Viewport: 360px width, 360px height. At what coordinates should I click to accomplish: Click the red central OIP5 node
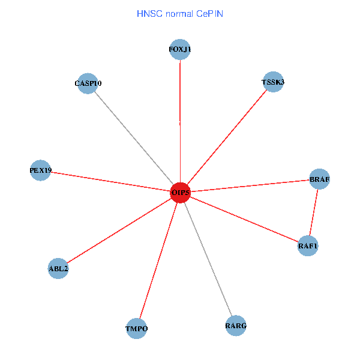pyautogui.click(x=180, y=193)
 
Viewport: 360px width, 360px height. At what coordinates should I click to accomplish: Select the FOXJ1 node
pyautogui.click(x=180, y=50)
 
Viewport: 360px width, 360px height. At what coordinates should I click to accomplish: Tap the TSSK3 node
pyautogui.click(x=273, y=82)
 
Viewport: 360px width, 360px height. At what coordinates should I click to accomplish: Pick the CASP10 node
pyautogui.click(x=88, y=84)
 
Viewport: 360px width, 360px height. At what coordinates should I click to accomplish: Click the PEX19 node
pyautogui.click(x=40, y=170)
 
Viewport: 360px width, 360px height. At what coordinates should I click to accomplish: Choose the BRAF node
pyautogui.click(x=319, y=179)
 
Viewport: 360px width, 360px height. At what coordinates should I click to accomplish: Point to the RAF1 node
pyautogui.click(x=308, y=246)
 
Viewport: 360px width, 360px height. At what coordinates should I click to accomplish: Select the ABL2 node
pyautogui.click(x=58, y=269)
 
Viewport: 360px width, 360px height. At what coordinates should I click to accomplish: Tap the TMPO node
pyautogui.click(x=137, y=328)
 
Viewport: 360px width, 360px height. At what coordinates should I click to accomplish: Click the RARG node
pyautogui.click(x=236, y=326)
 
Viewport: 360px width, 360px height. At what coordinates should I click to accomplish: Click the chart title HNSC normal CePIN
pyautogui.click(x=180, y=13)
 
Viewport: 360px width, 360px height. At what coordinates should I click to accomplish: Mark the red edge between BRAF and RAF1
pyautogui.click(x=314, y=212)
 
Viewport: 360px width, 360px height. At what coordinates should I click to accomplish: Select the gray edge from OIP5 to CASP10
pyautogui.click(x=134, y=139)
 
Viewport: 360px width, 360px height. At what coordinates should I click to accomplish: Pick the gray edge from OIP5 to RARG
pyautogui.click(x=208, y=259)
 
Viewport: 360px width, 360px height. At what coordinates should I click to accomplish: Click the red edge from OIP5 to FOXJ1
pyautogui.click(x=180, y=120)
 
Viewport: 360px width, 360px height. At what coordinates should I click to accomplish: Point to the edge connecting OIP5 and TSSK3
pyautogui.click(x=227, y=137)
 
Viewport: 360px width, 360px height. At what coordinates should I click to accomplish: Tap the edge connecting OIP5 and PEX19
pyautogui.click(x=110, y=181)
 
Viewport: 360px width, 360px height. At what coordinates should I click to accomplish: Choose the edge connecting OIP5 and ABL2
pyautogui.click(x=119, y=231)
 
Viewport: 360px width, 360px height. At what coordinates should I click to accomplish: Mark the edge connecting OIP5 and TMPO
pyautogui.click(x=158, y=260)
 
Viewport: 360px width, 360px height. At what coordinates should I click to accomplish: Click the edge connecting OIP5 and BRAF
pyautogui.click(x=250, y=185)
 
